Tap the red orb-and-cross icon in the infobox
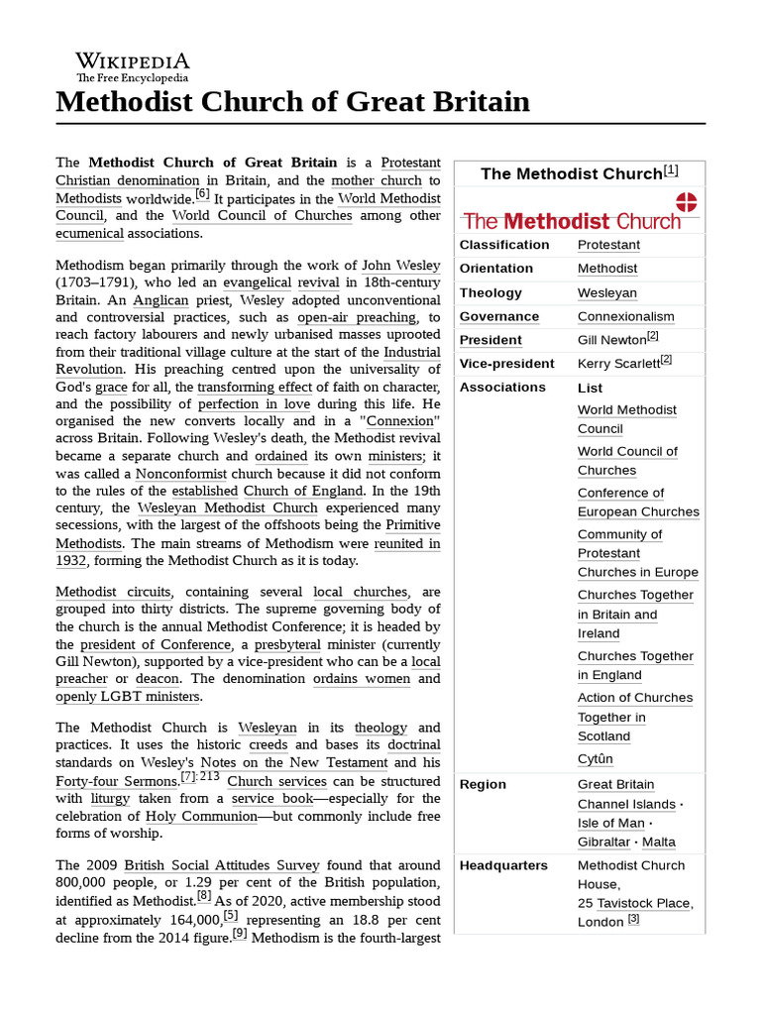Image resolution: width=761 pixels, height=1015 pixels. pyautogui.click(x=686, y=203)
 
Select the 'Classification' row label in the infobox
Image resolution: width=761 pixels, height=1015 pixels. pyautogui.click(x=503, y=245)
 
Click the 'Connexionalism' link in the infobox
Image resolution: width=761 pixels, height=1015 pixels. pyautogui.click(x=625, y=316)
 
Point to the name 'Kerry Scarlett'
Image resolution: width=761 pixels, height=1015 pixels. pyautogui.click(x=617, y=364)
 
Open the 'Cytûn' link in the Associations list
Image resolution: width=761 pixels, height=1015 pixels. pyautogui.click(x=596, y=758)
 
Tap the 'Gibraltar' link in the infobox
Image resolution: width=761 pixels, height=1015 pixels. pyautogui.click(x=603, y=842)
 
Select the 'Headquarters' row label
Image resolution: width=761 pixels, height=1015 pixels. pyautogui.click(x=503, y=865)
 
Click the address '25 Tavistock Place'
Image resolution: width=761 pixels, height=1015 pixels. pyautogui.click(x=635, y=903)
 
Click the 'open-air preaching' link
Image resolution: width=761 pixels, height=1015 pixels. pyautogui.click(x=357, y=317)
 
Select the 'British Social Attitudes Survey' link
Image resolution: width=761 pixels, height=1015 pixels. pyautogui.click(x=212, y=864)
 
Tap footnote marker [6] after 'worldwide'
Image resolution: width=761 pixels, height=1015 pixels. pyautogui.click(x=202, y=194)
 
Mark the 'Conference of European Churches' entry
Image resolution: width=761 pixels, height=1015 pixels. pyautogui.click(x=638, y=503)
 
